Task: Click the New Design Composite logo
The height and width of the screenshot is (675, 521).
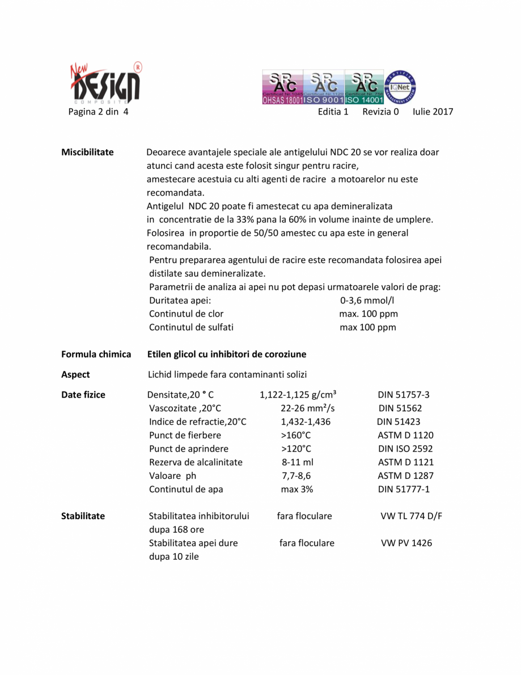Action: [105, 83]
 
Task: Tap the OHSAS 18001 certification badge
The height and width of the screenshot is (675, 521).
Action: [282, 87]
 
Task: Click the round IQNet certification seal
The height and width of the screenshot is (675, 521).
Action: [401, 86]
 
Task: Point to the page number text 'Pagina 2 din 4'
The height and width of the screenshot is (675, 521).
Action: [98, 112]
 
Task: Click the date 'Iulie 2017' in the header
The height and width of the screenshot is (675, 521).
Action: [433, 112]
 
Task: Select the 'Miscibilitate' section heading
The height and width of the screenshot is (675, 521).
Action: [87, 152]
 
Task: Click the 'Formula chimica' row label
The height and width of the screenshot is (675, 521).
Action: [96, 354]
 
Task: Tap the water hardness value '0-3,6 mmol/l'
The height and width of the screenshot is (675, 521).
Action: [367, 300]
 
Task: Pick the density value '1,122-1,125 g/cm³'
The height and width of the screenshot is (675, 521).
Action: [298, 395]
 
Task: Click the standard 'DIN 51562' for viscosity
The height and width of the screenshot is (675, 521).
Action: [400, 408]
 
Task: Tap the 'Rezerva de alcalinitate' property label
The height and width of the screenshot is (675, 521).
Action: [196, 462]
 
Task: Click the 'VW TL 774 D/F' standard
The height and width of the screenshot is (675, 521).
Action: [411, 516]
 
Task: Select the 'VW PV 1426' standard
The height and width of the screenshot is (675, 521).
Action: [406, 543]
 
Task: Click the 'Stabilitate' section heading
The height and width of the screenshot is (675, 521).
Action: [83, 516]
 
